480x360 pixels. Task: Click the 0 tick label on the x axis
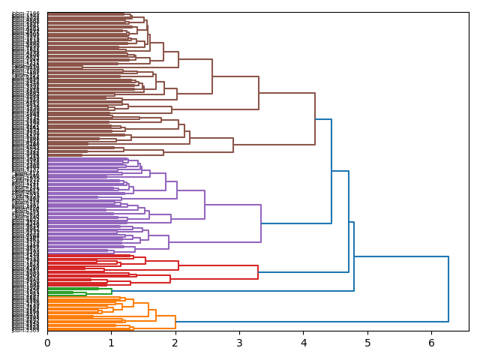[47, 342]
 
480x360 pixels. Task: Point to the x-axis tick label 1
[111, 342]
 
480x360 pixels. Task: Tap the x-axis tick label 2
[175, 342]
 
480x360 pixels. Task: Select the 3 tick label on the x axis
[239, 342]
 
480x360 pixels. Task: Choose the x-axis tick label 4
[304, 342]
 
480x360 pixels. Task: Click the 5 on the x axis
[367, 342]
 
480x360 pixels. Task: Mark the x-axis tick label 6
[431, 342]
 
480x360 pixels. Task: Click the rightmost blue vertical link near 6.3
[448, 289]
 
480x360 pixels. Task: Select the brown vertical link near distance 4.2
[315, 119]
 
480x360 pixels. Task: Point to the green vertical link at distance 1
[112, 292]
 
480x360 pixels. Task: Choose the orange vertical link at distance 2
[175, 322]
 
